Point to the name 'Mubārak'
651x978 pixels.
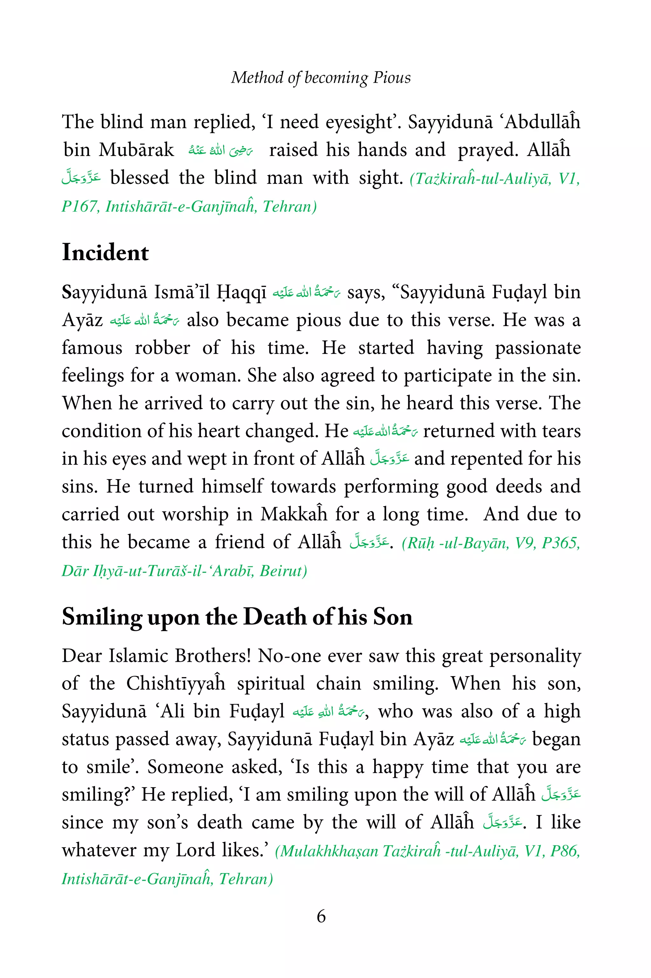tap(136, 150)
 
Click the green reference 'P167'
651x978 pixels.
tap(79, 206)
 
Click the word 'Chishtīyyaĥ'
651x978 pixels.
tap(175, 683)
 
